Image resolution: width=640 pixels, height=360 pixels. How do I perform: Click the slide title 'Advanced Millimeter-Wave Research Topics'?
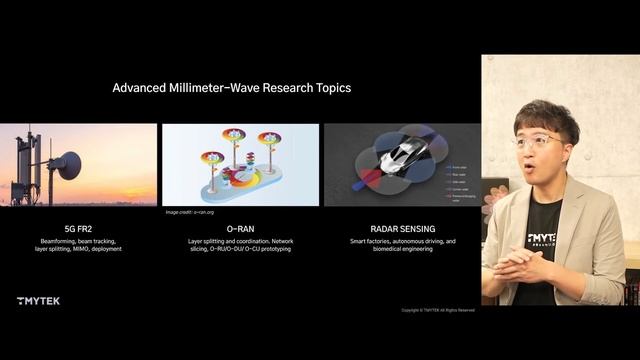pos(231,88)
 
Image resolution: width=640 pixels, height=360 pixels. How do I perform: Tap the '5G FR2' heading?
pos(78,228)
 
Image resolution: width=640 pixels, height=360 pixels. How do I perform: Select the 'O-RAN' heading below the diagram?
pos(240,228)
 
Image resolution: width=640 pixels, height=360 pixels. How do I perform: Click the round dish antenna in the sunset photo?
pos(67,166)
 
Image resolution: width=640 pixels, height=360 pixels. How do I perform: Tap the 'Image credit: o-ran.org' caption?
pos(189,213)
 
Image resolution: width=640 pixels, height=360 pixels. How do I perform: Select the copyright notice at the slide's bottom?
pos(438,310)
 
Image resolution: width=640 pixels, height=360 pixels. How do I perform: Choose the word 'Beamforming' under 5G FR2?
pos(57,241)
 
